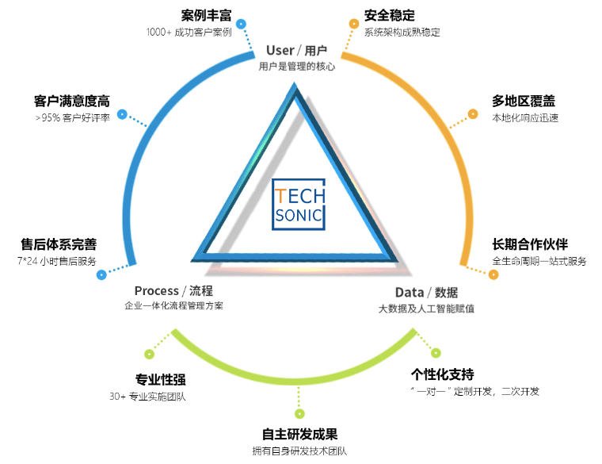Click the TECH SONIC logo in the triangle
(x=299, y=205)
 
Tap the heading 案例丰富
(x=206, y=15)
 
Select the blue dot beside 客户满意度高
(x=122, y=114)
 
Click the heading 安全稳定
(x=389, y=15)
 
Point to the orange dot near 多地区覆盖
(x=473, y=113)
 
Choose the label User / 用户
(x=296, y=50)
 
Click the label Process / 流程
(x=173, y=290)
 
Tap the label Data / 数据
(x=426, y=293)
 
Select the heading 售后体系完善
(x=59, y=244)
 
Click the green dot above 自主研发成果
(x=299, y=414)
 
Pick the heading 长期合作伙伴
(x=530, y=244)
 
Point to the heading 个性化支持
(x=442, y=374)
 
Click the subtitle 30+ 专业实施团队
(x=148, y=397)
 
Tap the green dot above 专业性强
(x=150, y=354)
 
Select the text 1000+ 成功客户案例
(x=189, y=32)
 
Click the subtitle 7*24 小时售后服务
(x=57, y=261)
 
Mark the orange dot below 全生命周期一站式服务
(x=493, y=274)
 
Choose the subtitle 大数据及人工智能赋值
(x=426, y=309)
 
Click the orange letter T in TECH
(x=280, y=196)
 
